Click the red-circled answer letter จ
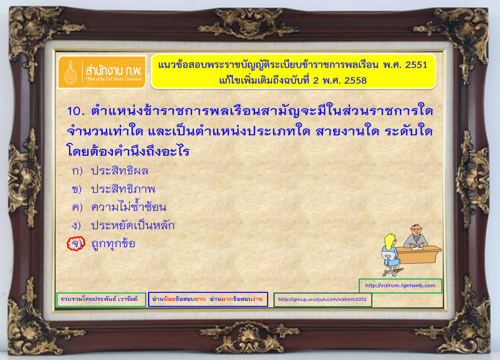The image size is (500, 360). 76,243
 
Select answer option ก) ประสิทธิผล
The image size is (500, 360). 110,171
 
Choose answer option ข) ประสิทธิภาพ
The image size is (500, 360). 113,189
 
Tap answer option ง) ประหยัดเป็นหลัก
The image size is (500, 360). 123,225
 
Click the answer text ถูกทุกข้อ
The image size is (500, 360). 113,244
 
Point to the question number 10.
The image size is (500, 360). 76,111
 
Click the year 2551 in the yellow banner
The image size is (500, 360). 416,65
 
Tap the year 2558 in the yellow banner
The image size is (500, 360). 355,80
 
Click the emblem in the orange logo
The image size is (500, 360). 70,72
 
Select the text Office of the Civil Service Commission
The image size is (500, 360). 114,79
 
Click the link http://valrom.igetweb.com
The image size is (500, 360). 400,285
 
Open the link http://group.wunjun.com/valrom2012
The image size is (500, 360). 322,299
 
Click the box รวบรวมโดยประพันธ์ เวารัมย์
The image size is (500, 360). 101,299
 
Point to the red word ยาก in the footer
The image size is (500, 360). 200,299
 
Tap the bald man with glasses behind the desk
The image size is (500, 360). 416,236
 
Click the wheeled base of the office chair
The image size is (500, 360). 391,272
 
